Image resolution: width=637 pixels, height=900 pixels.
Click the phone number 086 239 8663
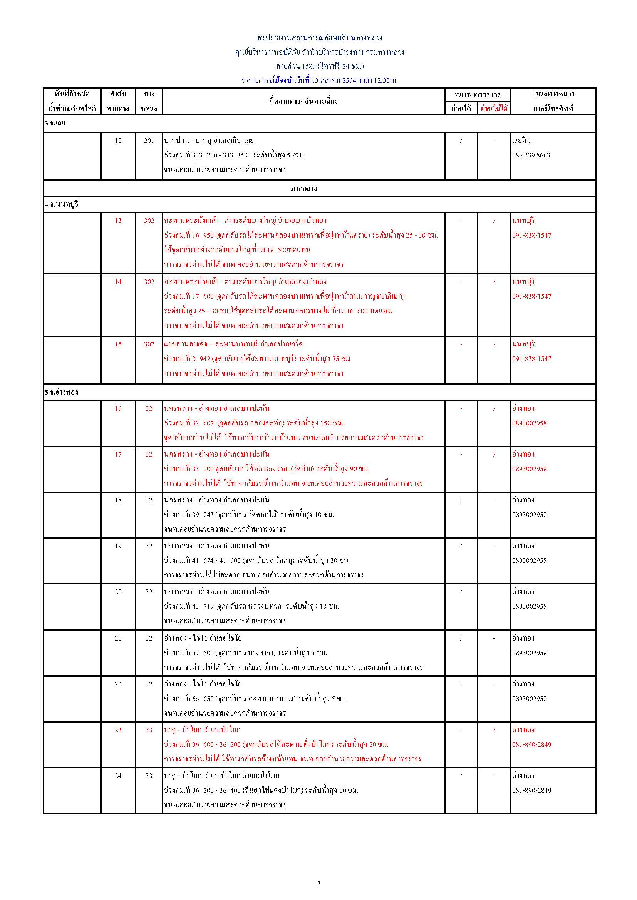(531, 155)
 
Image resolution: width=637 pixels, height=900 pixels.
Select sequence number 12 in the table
(118, 141)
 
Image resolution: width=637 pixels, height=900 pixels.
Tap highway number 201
(149, 141)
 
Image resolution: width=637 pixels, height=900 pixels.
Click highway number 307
(149, 344)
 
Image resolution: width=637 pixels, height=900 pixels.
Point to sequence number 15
(118, 344)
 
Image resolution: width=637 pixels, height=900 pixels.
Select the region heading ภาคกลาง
(303, 189)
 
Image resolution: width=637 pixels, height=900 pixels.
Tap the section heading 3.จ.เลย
(55, 123)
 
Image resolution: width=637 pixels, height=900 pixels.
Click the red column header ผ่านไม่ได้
(494, 109)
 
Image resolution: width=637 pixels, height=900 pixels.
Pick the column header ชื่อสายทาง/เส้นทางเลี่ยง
(303, 101)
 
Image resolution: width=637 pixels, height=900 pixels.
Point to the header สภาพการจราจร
(477, 94)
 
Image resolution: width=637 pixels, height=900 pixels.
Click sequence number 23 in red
(118, 730)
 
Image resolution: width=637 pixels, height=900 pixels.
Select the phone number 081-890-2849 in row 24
(531, 790)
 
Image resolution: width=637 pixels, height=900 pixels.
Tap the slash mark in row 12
(461, 141)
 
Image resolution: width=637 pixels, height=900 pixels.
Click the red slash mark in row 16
(494, 408)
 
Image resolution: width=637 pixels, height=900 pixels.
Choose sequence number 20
(118, 592)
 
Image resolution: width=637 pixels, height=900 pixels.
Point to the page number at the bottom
(319, 883)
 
